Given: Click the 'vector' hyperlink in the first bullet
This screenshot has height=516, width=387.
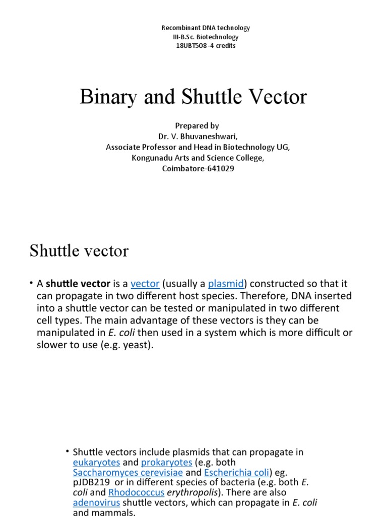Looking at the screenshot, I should click(145, 284).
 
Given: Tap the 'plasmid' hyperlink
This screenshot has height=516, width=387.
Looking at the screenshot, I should click(226, 284).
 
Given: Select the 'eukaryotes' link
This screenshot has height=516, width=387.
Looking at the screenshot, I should click(96, 462).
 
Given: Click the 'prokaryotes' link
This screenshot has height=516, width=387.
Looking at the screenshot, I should click(166, 462).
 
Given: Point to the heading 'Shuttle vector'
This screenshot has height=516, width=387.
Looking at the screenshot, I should click(79, 250).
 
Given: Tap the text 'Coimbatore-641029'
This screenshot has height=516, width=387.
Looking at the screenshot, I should click(198, 168).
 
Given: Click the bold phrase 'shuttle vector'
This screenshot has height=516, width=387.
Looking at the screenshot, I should click(78, 284).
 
